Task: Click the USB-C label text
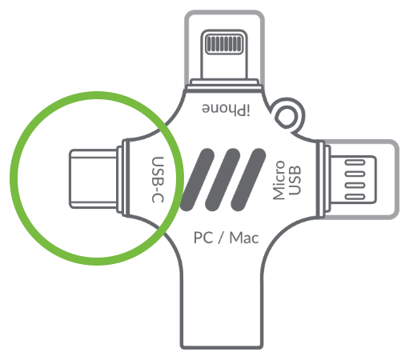click(158, 180)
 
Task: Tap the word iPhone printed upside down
click(226, 109)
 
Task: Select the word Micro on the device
click(279, 180)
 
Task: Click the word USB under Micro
click(295, 180)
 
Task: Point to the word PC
click(203, 238)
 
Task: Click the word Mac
click(244, 238)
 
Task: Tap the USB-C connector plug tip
click(94, 178)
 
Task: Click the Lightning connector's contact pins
click(224, 44)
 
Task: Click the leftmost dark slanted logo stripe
click(198, 180)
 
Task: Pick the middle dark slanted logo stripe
click(223, 180)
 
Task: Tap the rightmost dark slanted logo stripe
click(248, 180)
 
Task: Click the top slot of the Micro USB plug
click(355, 162)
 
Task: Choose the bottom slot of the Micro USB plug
click(355, 197)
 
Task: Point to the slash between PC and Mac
click(221, 238)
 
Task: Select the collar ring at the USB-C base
click(123, 178)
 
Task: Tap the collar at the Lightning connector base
click(224, 85)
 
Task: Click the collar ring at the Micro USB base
click(322, 179)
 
